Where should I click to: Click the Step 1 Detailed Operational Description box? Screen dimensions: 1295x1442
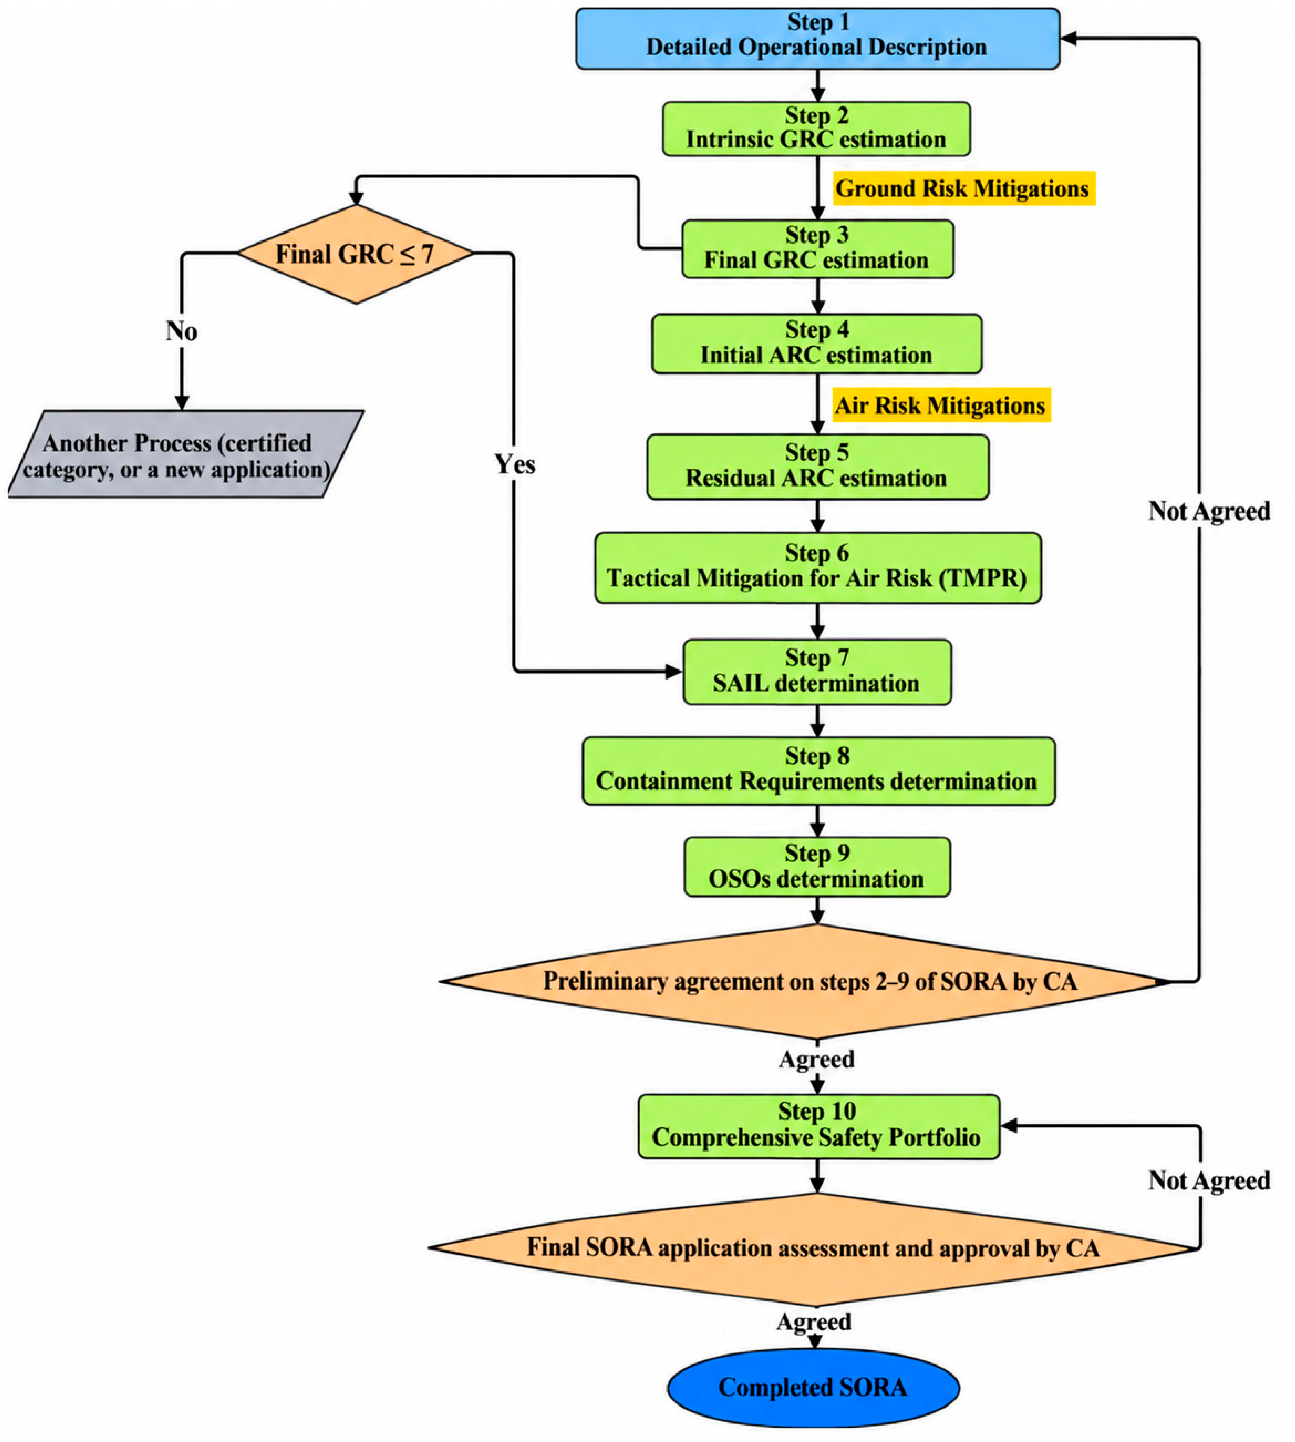click(x=818, y=38)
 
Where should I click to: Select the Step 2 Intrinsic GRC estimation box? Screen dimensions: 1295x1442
click(x=816, y=129)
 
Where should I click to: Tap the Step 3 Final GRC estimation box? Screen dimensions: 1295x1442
click(x=818, y=248)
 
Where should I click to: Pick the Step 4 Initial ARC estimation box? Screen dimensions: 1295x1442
click(x=817, y=344)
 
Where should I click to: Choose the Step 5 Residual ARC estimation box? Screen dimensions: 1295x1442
click(x=818, y=467)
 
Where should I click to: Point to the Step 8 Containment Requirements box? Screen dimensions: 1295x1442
click(x=818, y=771)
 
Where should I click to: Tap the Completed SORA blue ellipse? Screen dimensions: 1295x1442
click(x=813, y=1387)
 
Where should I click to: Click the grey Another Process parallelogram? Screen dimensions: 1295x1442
click(x=186, y=454)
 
